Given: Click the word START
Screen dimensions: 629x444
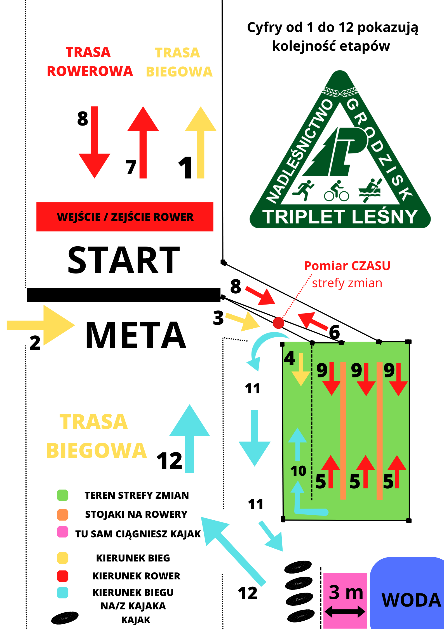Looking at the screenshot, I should pyautogui.click(x=124, y=260).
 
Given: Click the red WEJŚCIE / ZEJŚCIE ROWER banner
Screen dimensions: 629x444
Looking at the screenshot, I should pyautogui.click(x=125, y=217).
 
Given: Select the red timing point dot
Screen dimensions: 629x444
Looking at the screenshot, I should pyautogui.click(x=278, y=323).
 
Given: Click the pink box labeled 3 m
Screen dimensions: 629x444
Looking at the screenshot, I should pyautogui.click(x=345, y=600).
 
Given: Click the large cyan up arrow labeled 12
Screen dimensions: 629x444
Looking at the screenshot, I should pyautogui.click(x=190, y=437).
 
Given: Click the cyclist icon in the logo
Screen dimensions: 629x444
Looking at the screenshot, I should pyautogui.click(x=337, y=191).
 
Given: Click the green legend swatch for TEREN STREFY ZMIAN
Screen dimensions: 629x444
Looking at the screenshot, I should pyautogui.click(x=62, y=495).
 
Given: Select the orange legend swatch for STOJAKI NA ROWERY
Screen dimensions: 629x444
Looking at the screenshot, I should pyautogui.click(x=62, y=514).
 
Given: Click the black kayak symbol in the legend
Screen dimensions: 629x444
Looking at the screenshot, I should pyautogui.click(x=65, y=618).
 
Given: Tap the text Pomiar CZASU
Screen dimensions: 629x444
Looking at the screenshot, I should pyautogui.click(x=347, y=266).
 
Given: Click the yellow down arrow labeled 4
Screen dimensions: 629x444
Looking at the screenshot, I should pyautogui.click(x=301, y=370).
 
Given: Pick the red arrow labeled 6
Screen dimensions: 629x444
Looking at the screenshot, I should pyautogui.click(x=312, y=321).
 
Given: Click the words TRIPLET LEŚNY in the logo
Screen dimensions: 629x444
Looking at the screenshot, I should pyautogui.click(x=340, y=217).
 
